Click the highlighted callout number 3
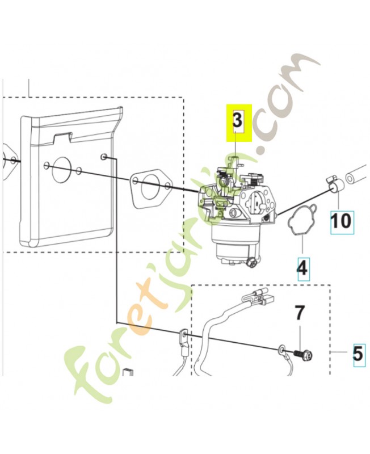coord(237,120)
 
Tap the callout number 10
coord(340,221)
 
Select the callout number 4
coord(302,267)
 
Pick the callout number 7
coord(300,313)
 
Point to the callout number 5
coord(359,353)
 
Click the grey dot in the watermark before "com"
coord(263,149)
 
